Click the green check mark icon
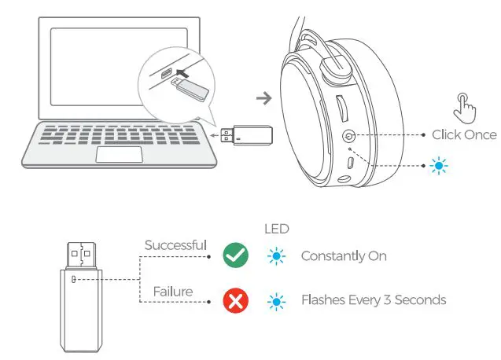[x=236, y=255]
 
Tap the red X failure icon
[x=236, y=299]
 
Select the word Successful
[x=175, y=245]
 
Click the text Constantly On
[x=344, y=256]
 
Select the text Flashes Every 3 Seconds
[x=374, y=300]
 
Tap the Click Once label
[x=464, y=135]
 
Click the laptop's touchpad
[x=118, y=153]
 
